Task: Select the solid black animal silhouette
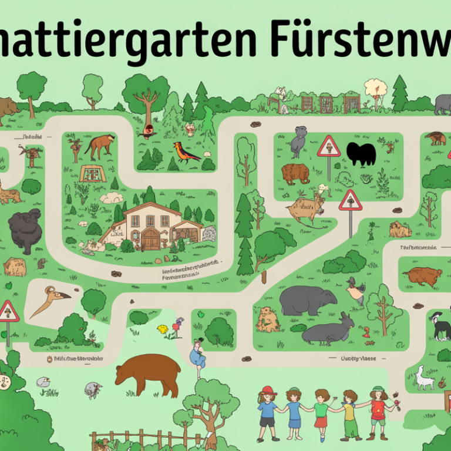point(360,154)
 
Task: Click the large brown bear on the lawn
point(149,372)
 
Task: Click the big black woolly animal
point(26,230)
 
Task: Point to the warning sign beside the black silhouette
point(329,147)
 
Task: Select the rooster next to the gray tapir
point(355,291)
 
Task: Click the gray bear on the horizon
point(443,104)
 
